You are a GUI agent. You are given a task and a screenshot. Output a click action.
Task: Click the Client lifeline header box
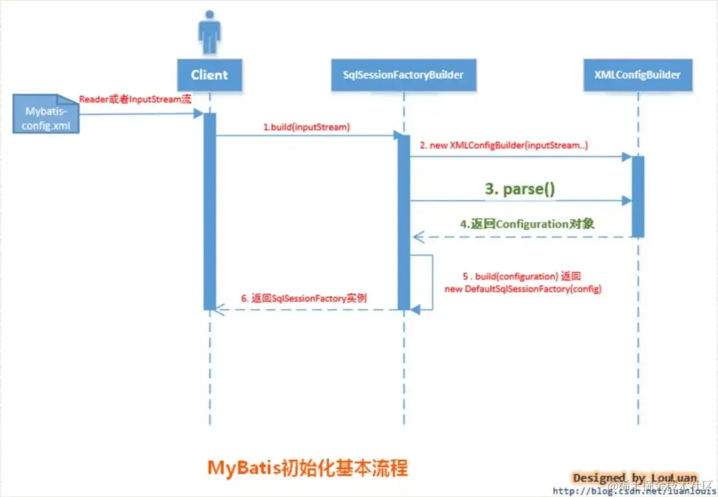(x=209, y=75)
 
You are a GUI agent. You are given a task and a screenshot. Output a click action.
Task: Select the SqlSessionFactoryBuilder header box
(x=403, y=75)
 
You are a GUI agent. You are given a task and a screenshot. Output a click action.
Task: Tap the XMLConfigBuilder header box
(x=638, y=75)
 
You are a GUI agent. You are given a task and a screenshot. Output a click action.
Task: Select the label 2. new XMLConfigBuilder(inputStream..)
(x=504, y=145)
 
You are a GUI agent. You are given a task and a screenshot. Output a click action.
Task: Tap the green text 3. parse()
(x=520, y=189)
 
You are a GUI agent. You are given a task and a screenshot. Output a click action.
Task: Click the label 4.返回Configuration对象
(x=527, y=224)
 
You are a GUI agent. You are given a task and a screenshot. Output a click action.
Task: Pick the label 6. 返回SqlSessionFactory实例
(x=303, y=299)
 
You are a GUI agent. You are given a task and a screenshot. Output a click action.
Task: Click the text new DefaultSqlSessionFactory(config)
(x=523, y=289)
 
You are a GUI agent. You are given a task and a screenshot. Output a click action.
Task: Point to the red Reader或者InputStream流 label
(x=135, y=99)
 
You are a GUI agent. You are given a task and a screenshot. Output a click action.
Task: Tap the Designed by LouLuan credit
(x=634, y=478)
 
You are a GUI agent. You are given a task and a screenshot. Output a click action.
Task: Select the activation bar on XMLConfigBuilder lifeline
(x=638, y=196)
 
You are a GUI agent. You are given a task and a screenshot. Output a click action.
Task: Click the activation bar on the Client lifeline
(x=210, y=211)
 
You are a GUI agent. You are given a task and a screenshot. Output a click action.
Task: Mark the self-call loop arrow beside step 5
(x=425, y=282)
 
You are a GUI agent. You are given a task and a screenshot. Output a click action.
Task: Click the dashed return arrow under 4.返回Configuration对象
(x=522, y=236)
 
